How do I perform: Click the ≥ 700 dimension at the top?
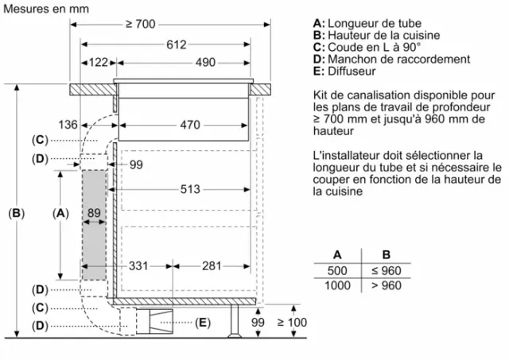tap(141, 24)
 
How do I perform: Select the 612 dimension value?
tap(177, 45)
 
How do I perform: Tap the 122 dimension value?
tap(99, 62)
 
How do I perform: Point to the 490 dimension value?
tap(205, 62)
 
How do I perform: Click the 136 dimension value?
tap(68, 125)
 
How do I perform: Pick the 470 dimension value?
tap(190, 125)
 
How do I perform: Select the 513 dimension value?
tap(190, 189)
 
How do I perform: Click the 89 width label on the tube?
tap(94, 213)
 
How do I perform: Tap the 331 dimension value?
tap(138, 266)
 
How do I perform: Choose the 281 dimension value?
tap(212, 266)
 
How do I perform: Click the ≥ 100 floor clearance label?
tap(292, 323)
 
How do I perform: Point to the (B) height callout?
tap(16, 213)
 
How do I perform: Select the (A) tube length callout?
tap(60, 213)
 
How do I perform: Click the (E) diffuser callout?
tap(203, 323)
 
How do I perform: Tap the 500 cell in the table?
tap(337, 270)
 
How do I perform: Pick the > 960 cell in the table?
tap(387, 285)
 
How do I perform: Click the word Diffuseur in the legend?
tap(352, 71)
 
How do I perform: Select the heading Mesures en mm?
tap(46, 9)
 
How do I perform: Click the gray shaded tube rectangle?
tap(94, 225)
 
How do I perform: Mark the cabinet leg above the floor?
tap(234, 321)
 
